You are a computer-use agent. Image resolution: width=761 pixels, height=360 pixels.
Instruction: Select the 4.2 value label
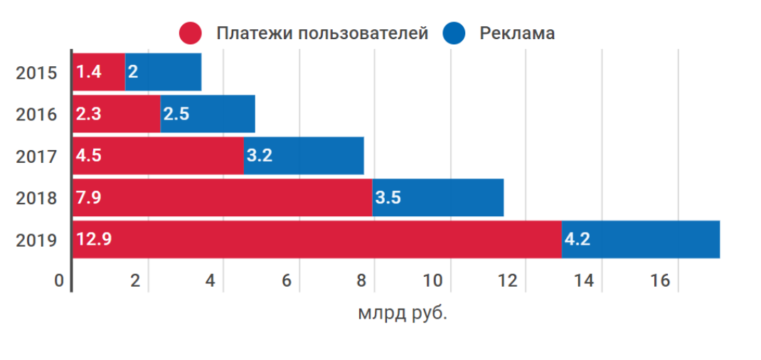tap(578, 240)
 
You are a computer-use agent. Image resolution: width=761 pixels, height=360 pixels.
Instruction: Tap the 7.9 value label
tap(87, 198)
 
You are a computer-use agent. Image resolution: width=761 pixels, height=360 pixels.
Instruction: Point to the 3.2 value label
tap(259, 156)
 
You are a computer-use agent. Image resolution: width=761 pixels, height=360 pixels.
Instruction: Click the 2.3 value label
tap(87, 114)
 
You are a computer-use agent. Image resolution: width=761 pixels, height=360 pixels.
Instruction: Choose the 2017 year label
tap(36, 156)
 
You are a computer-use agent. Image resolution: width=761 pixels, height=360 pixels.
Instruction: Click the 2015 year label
tap(36, 73)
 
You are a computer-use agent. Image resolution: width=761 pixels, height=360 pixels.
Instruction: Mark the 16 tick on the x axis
tap(660, 281)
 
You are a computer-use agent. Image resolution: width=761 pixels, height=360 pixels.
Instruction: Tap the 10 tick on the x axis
tap(433, 281)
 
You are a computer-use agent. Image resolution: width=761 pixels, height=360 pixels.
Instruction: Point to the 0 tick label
tap(60, 281)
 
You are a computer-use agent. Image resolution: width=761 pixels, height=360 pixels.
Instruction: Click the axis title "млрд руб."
tap(403, 313)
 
